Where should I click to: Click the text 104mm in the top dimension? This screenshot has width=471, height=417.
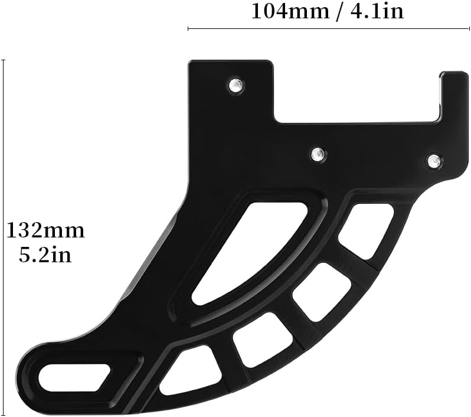[x=290, y=12]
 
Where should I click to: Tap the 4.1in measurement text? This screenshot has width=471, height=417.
[x=377, y=12]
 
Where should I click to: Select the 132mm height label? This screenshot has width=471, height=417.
[x=45, y=231]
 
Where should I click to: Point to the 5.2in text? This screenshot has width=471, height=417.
[x=45, y=255]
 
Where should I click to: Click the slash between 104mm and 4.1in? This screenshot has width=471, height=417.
[x=340, y=12]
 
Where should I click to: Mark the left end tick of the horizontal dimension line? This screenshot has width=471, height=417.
[x=188, y=28]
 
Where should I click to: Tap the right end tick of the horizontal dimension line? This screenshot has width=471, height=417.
[x=469, y=28]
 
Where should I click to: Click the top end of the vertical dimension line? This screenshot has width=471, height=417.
[x=4, y=60]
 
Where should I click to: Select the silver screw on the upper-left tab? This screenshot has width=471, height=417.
[x=235, y=85]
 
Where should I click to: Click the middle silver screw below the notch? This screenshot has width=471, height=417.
[x=318, y=154]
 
